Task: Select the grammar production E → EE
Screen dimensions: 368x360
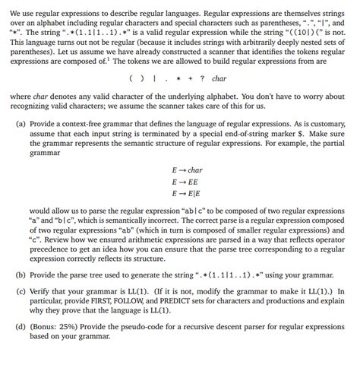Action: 184,182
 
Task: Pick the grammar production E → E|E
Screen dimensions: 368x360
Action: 185,195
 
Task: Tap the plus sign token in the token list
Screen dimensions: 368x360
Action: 188,78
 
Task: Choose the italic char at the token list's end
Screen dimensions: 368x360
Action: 219,78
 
